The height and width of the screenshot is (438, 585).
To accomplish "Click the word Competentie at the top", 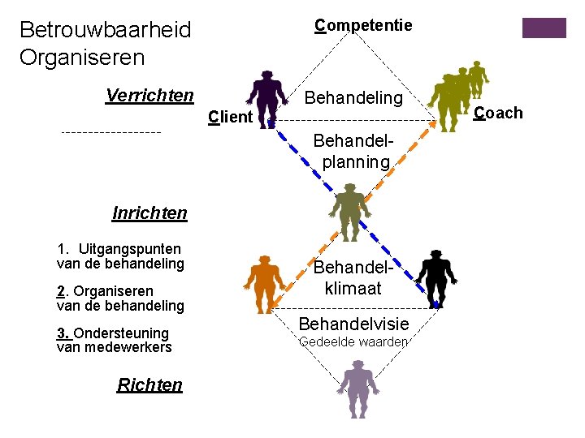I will [x=363, y=25].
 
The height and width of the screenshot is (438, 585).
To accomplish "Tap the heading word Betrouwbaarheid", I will [x=105, y=31].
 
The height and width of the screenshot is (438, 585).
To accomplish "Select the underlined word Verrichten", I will [x=149, y=96].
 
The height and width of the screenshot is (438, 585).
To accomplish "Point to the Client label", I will [x=230, y=117].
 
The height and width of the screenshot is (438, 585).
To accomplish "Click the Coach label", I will [x=498, y=113].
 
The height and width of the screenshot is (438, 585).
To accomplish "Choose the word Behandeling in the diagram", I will [x=353, y=98].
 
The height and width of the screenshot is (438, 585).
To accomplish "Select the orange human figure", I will [x=266, y=282].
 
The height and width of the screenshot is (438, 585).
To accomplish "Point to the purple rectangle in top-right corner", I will [x=544, y=28].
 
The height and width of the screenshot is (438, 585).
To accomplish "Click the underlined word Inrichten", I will [x=149, y=213].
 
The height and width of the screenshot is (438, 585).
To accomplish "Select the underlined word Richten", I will [x=149, y=384].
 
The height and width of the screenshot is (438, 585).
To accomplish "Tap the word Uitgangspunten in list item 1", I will [x=128, y=249].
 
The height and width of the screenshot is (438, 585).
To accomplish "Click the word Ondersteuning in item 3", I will [x=121, y=333].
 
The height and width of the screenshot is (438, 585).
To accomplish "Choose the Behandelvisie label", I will [x=354, y=324].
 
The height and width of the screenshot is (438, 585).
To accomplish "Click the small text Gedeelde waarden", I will [x=353, y=342].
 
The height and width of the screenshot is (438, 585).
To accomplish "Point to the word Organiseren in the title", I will [x=82, y=58].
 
